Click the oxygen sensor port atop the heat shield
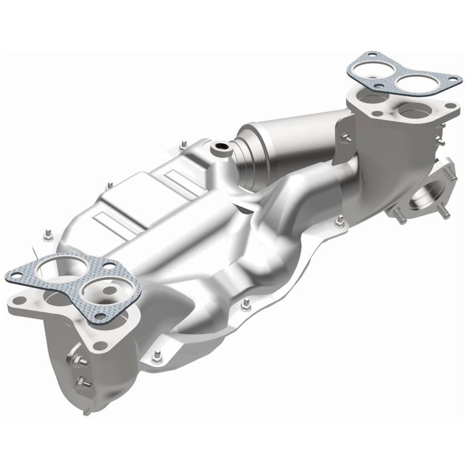221,147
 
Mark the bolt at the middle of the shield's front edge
246,305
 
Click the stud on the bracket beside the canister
345,138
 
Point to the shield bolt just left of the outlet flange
340,221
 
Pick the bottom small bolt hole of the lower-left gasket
101,317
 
